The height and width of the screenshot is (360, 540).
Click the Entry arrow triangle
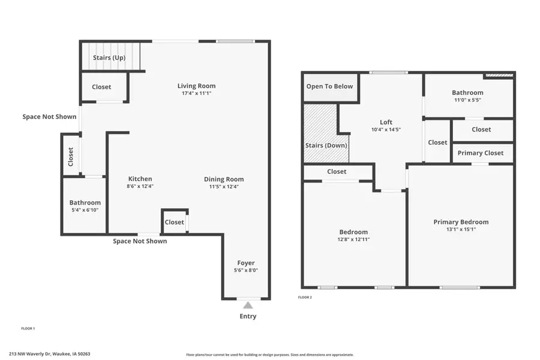(x=248, y=305)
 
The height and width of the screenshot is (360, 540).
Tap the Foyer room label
(x=246, y=263)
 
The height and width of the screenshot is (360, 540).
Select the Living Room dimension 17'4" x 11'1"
(x=196, y=94)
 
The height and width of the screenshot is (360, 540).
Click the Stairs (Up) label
(x=108, y=58)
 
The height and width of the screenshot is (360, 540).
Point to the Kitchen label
(x=140, y=179)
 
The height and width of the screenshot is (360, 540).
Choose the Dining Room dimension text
(x=224, y=187)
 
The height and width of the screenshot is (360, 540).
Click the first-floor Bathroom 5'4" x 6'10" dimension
(x=85, y=210)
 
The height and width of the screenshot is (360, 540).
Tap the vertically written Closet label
(x=71, y=157)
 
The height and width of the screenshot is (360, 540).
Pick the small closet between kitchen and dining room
(x=175, y=222)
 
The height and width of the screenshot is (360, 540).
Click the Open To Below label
(x=329, y=86)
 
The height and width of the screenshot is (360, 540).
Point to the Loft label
(x=386, y=122)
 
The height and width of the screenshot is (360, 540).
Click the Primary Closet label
(x=481, y=153)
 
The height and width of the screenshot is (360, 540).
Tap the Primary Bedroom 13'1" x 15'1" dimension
(x=461, y=229)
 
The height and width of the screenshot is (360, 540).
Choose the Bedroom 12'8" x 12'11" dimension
(x=353, y=239)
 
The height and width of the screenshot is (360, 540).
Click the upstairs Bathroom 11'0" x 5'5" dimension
(x=467, y=100)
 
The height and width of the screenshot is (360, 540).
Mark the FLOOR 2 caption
(x=305, y=297)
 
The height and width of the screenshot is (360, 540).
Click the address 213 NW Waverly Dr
(x=49, y=354)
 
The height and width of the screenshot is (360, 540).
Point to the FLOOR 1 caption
(x=28, y=328)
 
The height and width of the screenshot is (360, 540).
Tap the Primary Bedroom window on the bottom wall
(x=460, y=287)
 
